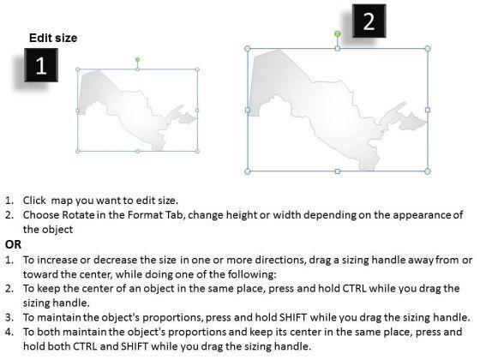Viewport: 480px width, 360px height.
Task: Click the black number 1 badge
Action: [41, 65]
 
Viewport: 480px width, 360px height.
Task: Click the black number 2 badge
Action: [369, 21]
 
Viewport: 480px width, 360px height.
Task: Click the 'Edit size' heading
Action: [53, 38]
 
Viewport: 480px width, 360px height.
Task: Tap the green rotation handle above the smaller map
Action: [137, 59]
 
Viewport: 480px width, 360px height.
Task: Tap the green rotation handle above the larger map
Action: [338, 33]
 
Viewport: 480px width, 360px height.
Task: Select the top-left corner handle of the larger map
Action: [248, 48]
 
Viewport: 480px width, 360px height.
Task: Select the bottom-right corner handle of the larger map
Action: [428, 171]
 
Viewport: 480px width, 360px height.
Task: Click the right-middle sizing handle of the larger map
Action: [428, 110]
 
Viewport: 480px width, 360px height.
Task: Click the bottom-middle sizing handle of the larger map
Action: [338, 171]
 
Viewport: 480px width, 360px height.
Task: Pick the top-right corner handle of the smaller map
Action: [197, 69]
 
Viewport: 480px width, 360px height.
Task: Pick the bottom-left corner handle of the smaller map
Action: [77, 151]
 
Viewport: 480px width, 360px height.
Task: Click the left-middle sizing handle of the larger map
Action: [248, 110]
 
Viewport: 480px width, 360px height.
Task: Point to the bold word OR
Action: [13, 244]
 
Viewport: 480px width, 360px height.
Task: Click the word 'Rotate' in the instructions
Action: [78, 215]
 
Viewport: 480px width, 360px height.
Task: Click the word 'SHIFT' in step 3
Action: [293, 317]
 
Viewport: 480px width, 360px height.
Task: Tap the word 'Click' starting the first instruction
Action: [34, 201]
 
